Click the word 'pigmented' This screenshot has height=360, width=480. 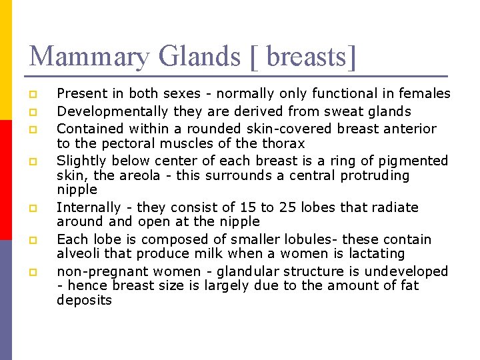[415, 161]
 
